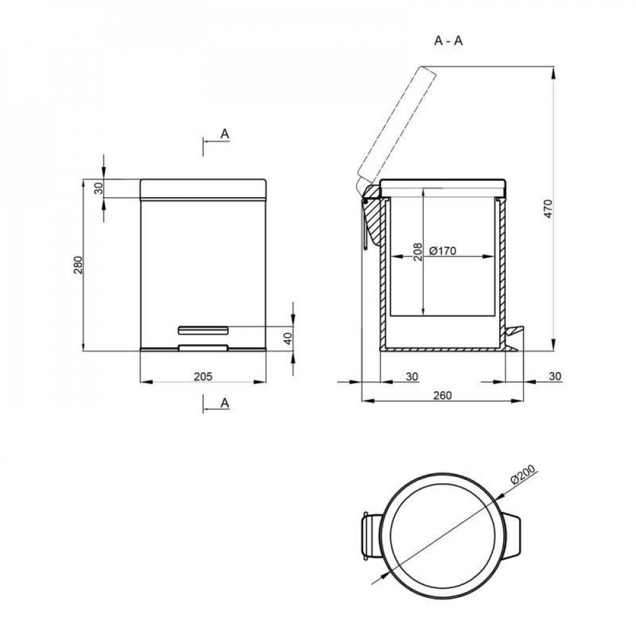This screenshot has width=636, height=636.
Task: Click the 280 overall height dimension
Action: pyautogui.click(x=78, y=265)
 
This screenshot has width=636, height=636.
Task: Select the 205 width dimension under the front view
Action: pyautogui.click(x=202, y=377)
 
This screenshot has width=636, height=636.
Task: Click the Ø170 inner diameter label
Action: pyautogui.click(x=443, y=251)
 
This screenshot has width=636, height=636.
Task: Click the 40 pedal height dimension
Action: pyautogui.click(x=287, y=338)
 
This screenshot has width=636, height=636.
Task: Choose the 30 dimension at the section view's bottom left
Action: pyautogui.click(x=411, y=377)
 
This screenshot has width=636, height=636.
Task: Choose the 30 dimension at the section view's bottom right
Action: pyautogui.click(x=555, y=377)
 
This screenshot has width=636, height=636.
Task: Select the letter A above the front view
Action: pyautogui.click(x=224, y=134)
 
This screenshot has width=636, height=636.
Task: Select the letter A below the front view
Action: pyautogui.click(x=224, y=403)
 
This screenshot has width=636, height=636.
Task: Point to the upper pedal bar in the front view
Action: pyautogui.click(x=203, y=329)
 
